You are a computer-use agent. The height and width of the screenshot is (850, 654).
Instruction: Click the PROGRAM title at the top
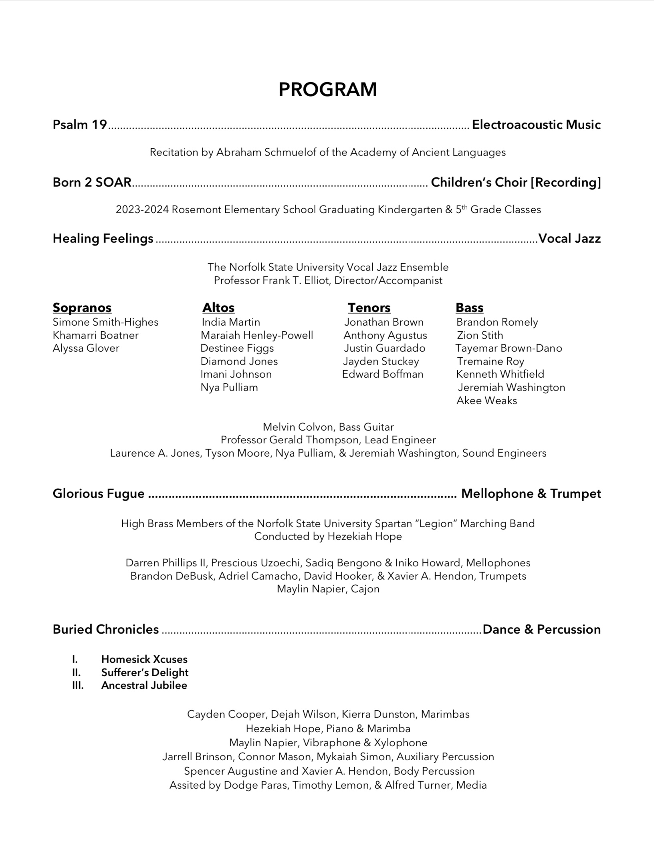(x=327, y=89)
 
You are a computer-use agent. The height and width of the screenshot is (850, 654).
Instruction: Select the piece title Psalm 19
(x=80, y=125)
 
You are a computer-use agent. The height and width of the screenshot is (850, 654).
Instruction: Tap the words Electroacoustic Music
(x=536, y=125)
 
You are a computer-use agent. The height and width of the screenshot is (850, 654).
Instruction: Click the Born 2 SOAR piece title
(x=92, y=182)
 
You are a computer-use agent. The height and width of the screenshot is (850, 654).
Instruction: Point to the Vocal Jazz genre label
(x=569, y=238)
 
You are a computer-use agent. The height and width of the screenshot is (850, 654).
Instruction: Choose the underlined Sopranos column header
(x=82, y=308)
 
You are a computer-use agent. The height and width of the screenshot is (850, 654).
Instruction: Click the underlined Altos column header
(x=218, y=308)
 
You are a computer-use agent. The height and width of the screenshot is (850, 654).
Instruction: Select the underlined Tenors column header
(x=369, y=308)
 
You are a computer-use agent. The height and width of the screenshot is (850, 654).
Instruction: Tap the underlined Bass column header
(x=469, y=308)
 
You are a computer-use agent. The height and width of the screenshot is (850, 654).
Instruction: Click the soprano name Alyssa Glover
(x=86, y=348)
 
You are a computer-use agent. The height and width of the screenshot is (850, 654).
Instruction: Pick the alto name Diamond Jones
(x=239, y=361)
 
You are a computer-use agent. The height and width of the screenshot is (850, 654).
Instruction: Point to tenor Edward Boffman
(x=383, y=374)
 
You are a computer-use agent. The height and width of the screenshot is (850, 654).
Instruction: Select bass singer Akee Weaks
(x=486, y=401)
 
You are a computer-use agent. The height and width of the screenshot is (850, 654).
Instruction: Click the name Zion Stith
(x=480, y=335)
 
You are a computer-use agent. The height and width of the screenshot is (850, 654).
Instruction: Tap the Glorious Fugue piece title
(x=99, y=493)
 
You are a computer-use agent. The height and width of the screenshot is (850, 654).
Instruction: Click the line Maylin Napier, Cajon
(x=328, y=589)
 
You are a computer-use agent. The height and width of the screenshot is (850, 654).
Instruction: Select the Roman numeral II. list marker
(x=76, y=673)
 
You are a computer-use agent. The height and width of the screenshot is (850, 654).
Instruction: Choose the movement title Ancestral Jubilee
(x=144, y=685)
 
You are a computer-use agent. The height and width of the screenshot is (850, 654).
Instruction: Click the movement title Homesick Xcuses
(x=144, y=659)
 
